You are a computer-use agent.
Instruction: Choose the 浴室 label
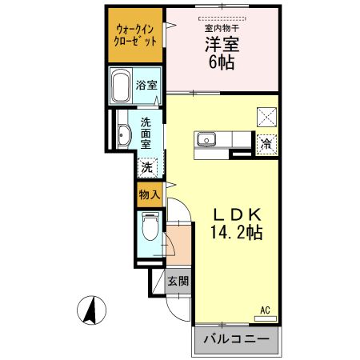(146, 85)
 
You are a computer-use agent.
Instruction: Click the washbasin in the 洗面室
(122, 135)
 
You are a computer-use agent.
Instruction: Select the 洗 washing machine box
(146, 167)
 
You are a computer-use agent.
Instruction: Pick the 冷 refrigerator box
(265, 145)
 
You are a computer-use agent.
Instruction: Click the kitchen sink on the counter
(206, 141)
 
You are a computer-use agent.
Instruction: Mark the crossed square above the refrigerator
(266, 118)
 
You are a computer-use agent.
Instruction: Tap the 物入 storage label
(150, 193)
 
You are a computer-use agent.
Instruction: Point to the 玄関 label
(178, 281)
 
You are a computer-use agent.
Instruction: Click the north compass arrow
(92, 308)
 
